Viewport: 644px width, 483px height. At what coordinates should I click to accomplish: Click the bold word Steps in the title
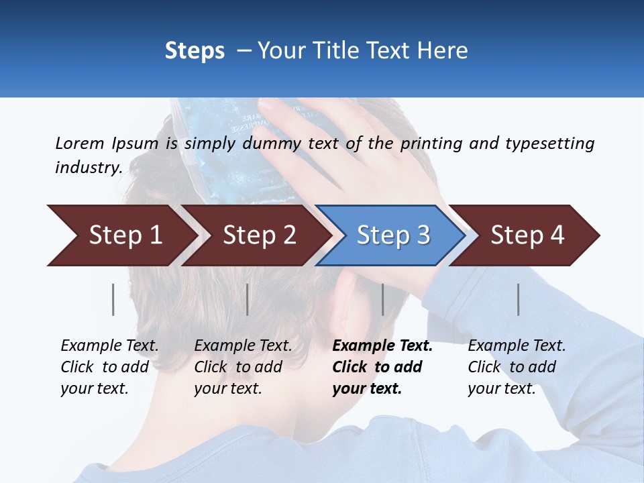pos(195,50)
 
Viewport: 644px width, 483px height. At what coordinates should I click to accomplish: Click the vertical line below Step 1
pos(113,299)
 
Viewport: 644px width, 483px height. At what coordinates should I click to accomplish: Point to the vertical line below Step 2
pos(248,299)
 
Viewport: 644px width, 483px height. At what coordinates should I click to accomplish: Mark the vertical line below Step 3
pos(382,299)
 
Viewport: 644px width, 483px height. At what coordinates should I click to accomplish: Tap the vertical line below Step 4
pos(518,299)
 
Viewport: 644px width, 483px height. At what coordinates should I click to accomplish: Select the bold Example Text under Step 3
pos(382,367)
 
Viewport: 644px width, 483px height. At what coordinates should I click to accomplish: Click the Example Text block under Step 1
pos(109,367)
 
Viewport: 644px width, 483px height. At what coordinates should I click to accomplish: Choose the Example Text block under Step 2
pos(243,367)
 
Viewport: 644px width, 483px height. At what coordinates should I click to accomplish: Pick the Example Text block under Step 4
pos(517,367)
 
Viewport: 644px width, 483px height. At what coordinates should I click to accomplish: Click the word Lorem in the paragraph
pos(80,143)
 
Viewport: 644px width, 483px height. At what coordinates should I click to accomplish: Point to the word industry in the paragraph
pos(87,168)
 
